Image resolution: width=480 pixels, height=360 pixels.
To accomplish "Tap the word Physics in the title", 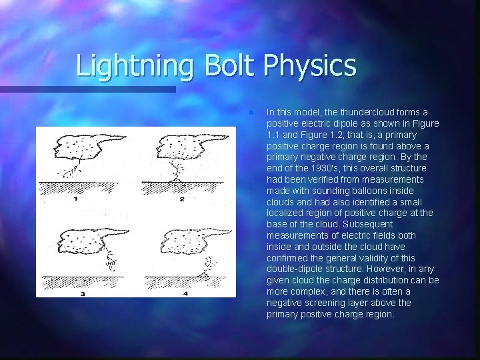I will pos(310,66).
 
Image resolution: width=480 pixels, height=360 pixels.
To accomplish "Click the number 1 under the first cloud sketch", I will pos(75,198).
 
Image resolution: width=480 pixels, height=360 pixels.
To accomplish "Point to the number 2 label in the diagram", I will pos(181,198).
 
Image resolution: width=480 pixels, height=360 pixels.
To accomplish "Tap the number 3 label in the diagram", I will pos(83,293).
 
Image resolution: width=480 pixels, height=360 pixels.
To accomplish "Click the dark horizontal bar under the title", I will pos(87,89).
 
